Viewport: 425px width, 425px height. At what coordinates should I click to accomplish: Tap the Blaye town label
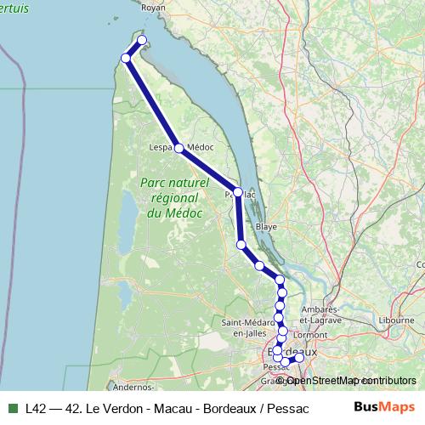267,227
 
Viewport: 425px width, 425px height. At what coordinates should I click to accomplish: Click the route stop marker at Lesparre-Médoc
178,148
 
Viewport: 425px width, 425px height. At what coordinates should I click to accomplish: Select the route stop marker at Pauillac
238,192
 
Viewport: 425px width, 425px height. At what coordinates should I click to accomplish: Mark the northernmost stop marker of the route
142,41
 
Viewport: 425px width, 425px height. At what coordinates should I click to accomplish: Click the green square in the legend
13,406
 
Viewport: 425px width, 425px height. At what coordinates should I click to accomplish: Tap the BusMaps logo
384,406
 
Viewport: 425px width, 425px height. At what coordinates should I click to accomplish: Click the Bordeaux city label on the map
293,351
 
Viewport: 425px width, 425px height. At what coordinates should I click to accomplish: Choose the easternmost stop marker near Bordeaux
298,357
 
